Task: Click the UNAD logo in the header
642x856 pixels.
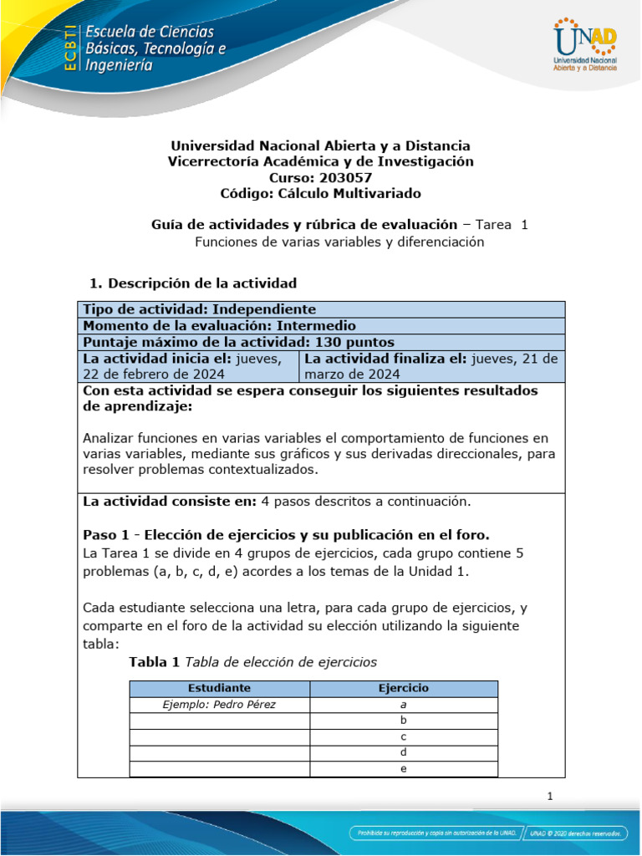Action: click(x=584, y=46)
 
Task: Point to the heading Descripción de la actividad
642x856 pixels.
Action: click(x=202, y=283)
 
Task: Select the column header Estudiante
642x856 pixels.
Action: click(x=219, y=688)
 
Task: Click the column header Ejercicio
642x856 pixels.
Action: click(x=403, y=688)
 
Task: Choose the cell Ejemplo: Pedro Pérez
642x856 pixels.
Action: click(x=219, y=704)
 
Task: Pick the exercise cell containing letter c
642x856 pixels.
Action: click(x=403, y=736)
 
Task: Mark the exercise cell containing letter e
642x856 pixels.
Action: click(x=403, y=768)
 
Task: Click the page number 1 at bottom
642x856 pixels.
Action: click(x=550, y=797)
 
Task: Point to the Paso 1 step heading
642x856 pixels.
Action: click(x=286, y=534)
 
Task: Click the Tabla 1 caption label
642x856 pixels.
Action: click(x=154, y=662)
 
